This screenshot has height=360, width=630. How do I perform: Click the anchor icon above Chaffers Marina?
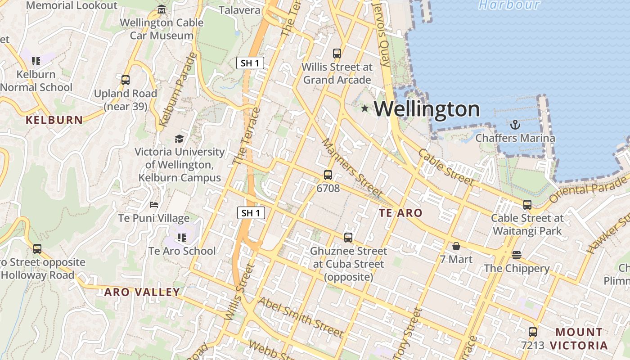pyautogui.click(x=515, y=125)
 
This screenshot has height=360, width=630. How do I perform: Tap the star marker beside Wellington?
pyautogui.click(x=364, y=108)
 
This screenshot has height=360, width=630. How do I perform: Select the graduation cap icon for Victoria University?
pyautogui.click(x=179, y=139)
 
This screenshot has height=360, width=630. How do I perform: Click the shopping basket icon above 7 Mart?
pyautogui.click(x=456, y=246)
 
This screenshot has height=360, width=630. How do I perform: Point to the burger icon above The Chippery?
pyautogui.click(x=517, y=255)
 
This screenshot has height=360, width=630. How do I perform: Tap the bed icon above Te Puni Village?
pyautogui.click(x=154, y=205)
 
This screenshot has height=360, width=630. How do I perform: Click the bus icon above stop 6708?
pyautogui.click(x=328, y=175)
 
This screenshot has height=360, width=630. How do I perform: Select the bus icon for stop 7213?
pyautogui.click(x=533, y=332)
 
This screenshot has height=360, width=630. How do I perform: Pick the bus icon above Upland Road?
pyautogui.click(x=126, y=80)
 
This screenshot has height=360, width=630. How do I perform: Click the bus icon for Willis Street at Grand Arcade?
pyautogui.click(x=337, y=54)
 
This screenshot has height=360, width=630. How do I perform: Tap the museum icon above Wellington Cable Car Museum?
pyautogui.click(x=162, y=9)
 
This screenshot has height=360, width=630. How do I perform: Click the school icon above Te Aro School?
pyautogui.click(x=182, y=237)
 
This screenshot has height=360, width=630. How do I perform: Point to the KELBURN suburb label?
pyautogui.click(x=54, y=120)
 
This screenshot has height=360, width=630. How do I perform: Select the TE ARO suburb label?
pyautogui.click(x=400, y=213)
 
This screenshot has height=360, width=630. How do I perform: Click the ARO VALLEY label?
pyautogui.click(x=142, y=292)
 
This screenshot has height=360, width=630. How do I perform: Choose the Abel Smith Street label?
pyautogui.click(x=301, y=317)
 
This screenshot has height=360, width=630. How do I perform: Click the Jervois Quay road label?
pyautogui.click(x=382, y=34)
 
